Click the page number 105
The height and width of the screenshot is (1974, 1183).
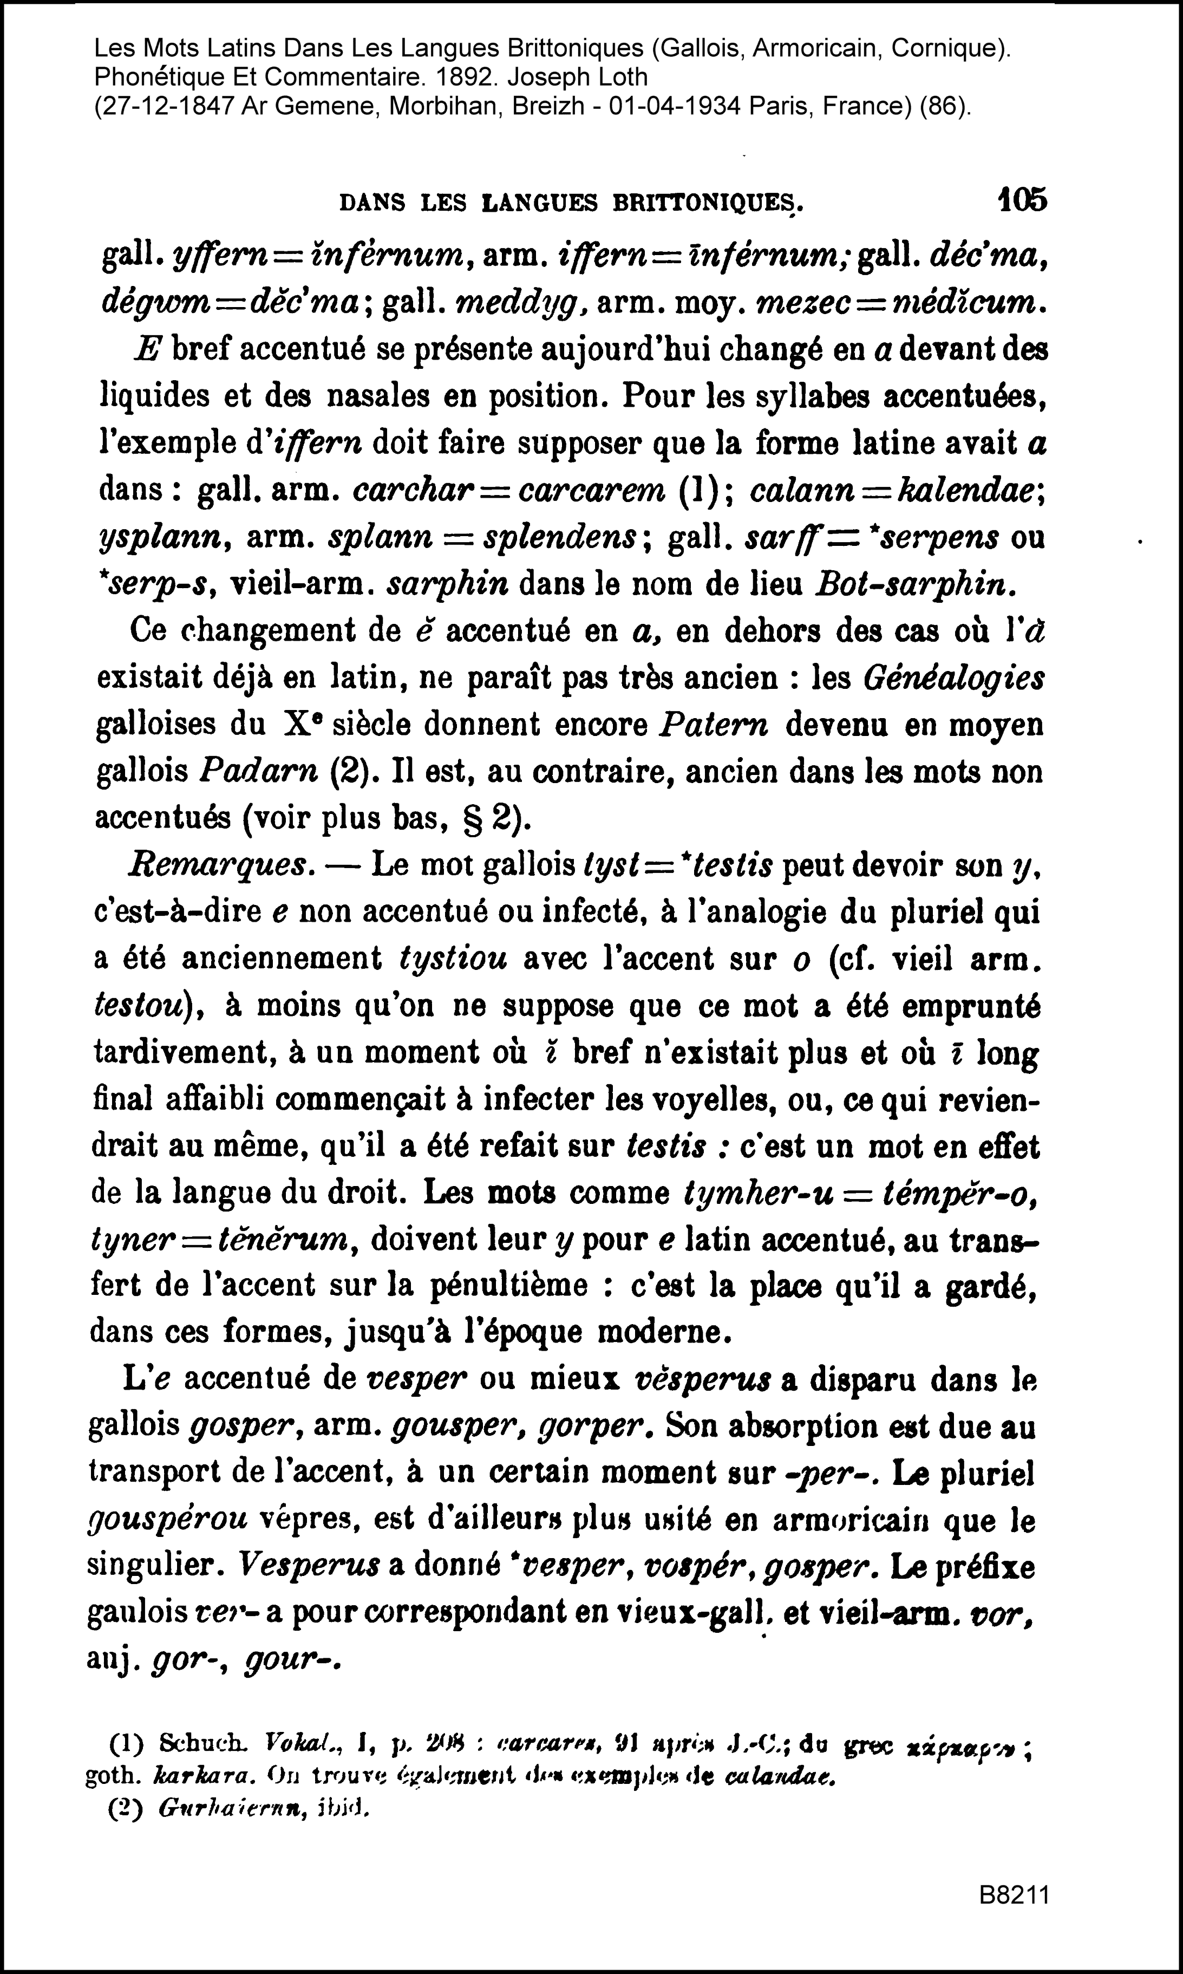click(x=1023, y=200)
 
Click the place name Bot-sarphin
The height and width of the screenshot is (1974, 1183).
click(x=915, y=585)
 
